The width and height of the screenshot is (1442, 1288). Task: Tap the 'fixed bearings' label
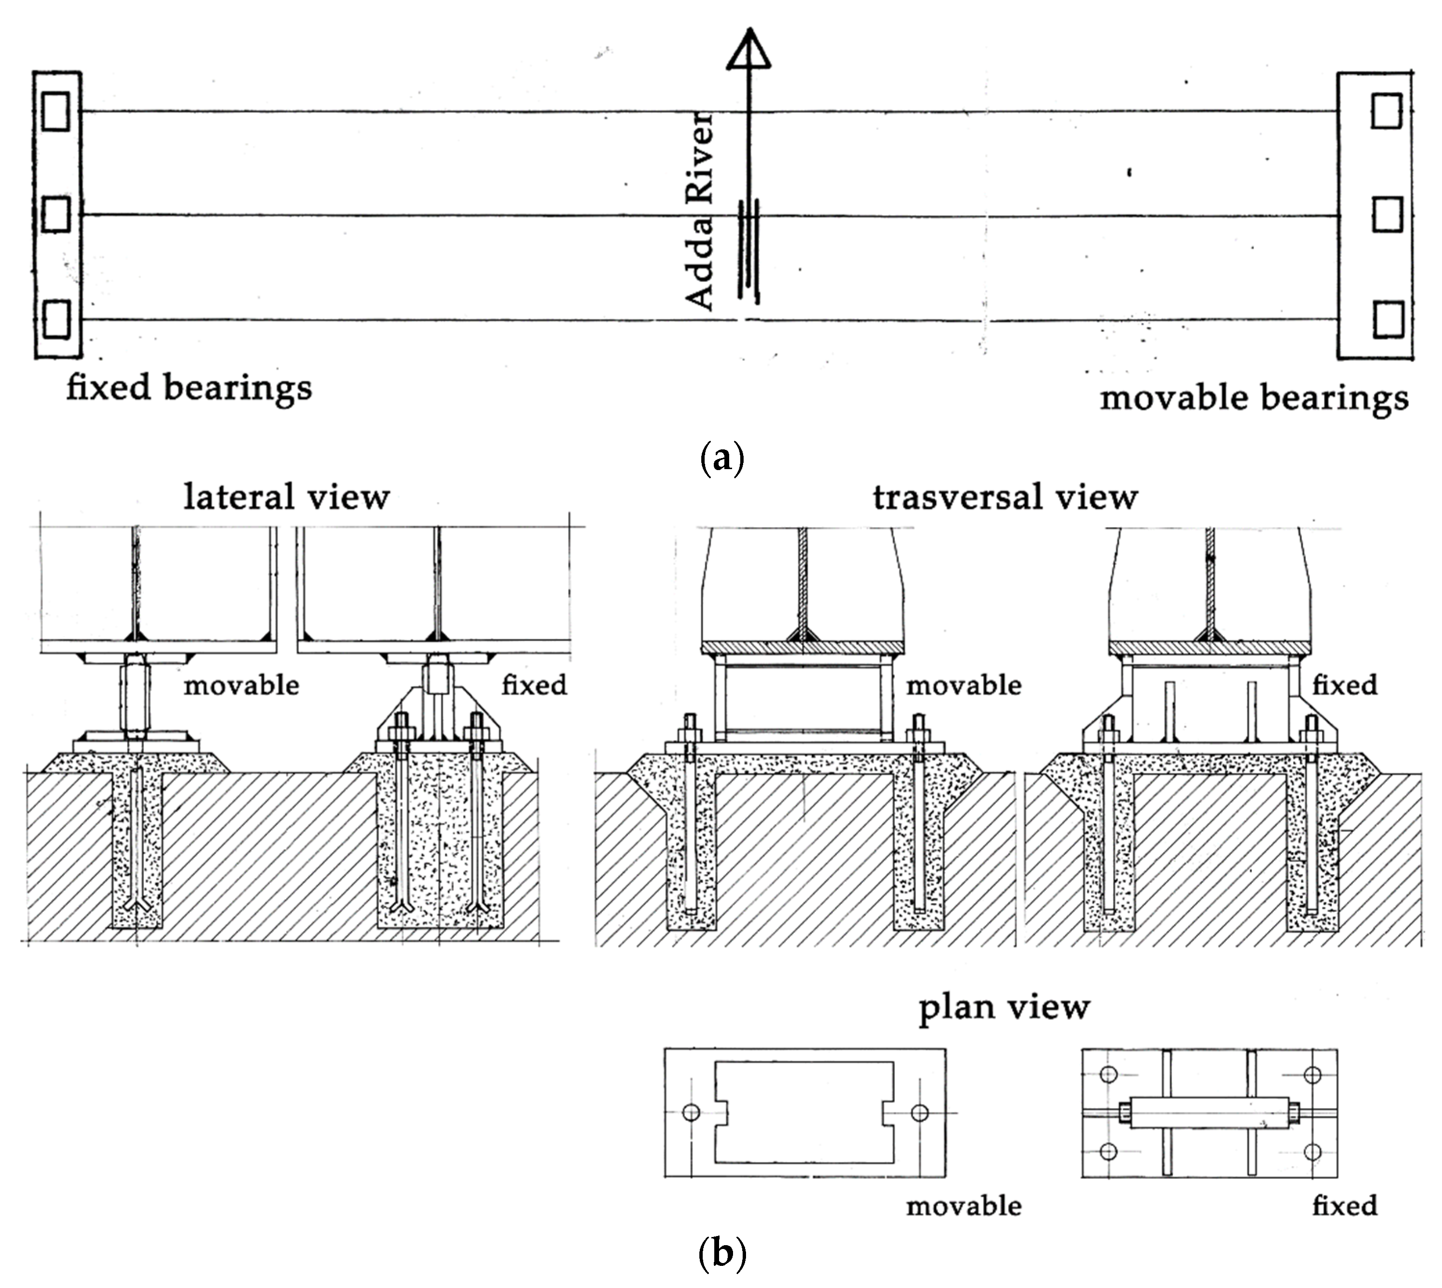[189, 388]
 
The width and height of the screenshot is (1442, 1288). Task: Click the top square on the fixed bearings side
[56, 111]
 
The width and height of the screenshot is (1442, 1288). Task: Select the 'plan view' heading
[1004, 1007]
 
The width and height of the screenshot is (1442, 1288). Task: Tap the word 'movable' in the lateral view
[242, 685]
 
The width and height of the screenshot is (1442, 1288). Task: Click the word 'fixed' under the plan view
[1344, 1205]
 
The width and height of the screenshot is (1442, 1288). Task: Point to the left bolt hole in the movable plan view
[691, 1112]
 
